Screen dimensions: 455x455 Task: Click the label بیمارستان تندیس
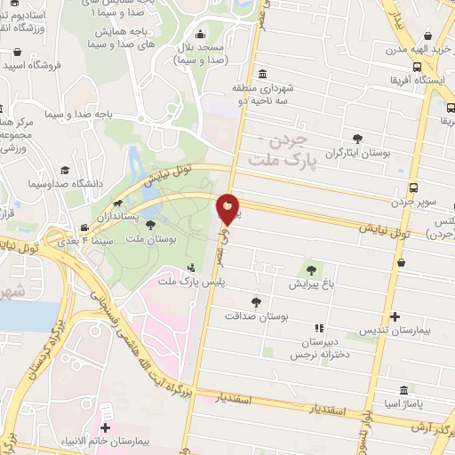(394, 330)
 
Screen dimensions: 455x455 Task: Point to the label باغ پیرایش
(310, 285)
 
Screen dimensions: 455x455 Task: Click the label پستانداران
(111, 216)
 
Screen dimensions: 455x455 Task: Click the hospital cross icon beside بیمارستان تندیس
(395, 315)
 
